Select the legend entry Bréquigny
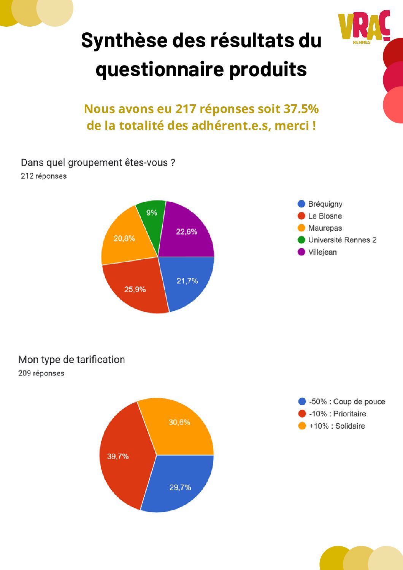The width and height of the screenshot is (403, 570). [x=325, y=204]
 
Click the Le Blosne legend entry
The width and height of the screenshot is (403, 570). [x=325, y=216]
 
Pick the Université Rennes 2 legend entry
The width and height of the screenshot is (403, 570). [x=342, y=240]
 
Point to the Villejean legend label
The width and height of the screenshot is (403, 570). [x=322, y=252]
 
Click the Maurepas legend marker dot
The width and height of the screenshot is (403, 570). [x=301, y=228]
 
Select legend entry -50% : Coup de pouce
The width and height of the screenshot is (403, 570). [x=347, y=402]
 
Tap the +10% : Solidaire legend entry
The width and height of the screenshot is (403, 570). [x=336, y=426]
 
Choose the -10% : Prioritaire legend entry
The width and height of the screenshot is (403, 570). [x=337, y=414]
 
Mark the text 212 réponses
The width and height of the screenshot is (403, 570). [x=44, y=176]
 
